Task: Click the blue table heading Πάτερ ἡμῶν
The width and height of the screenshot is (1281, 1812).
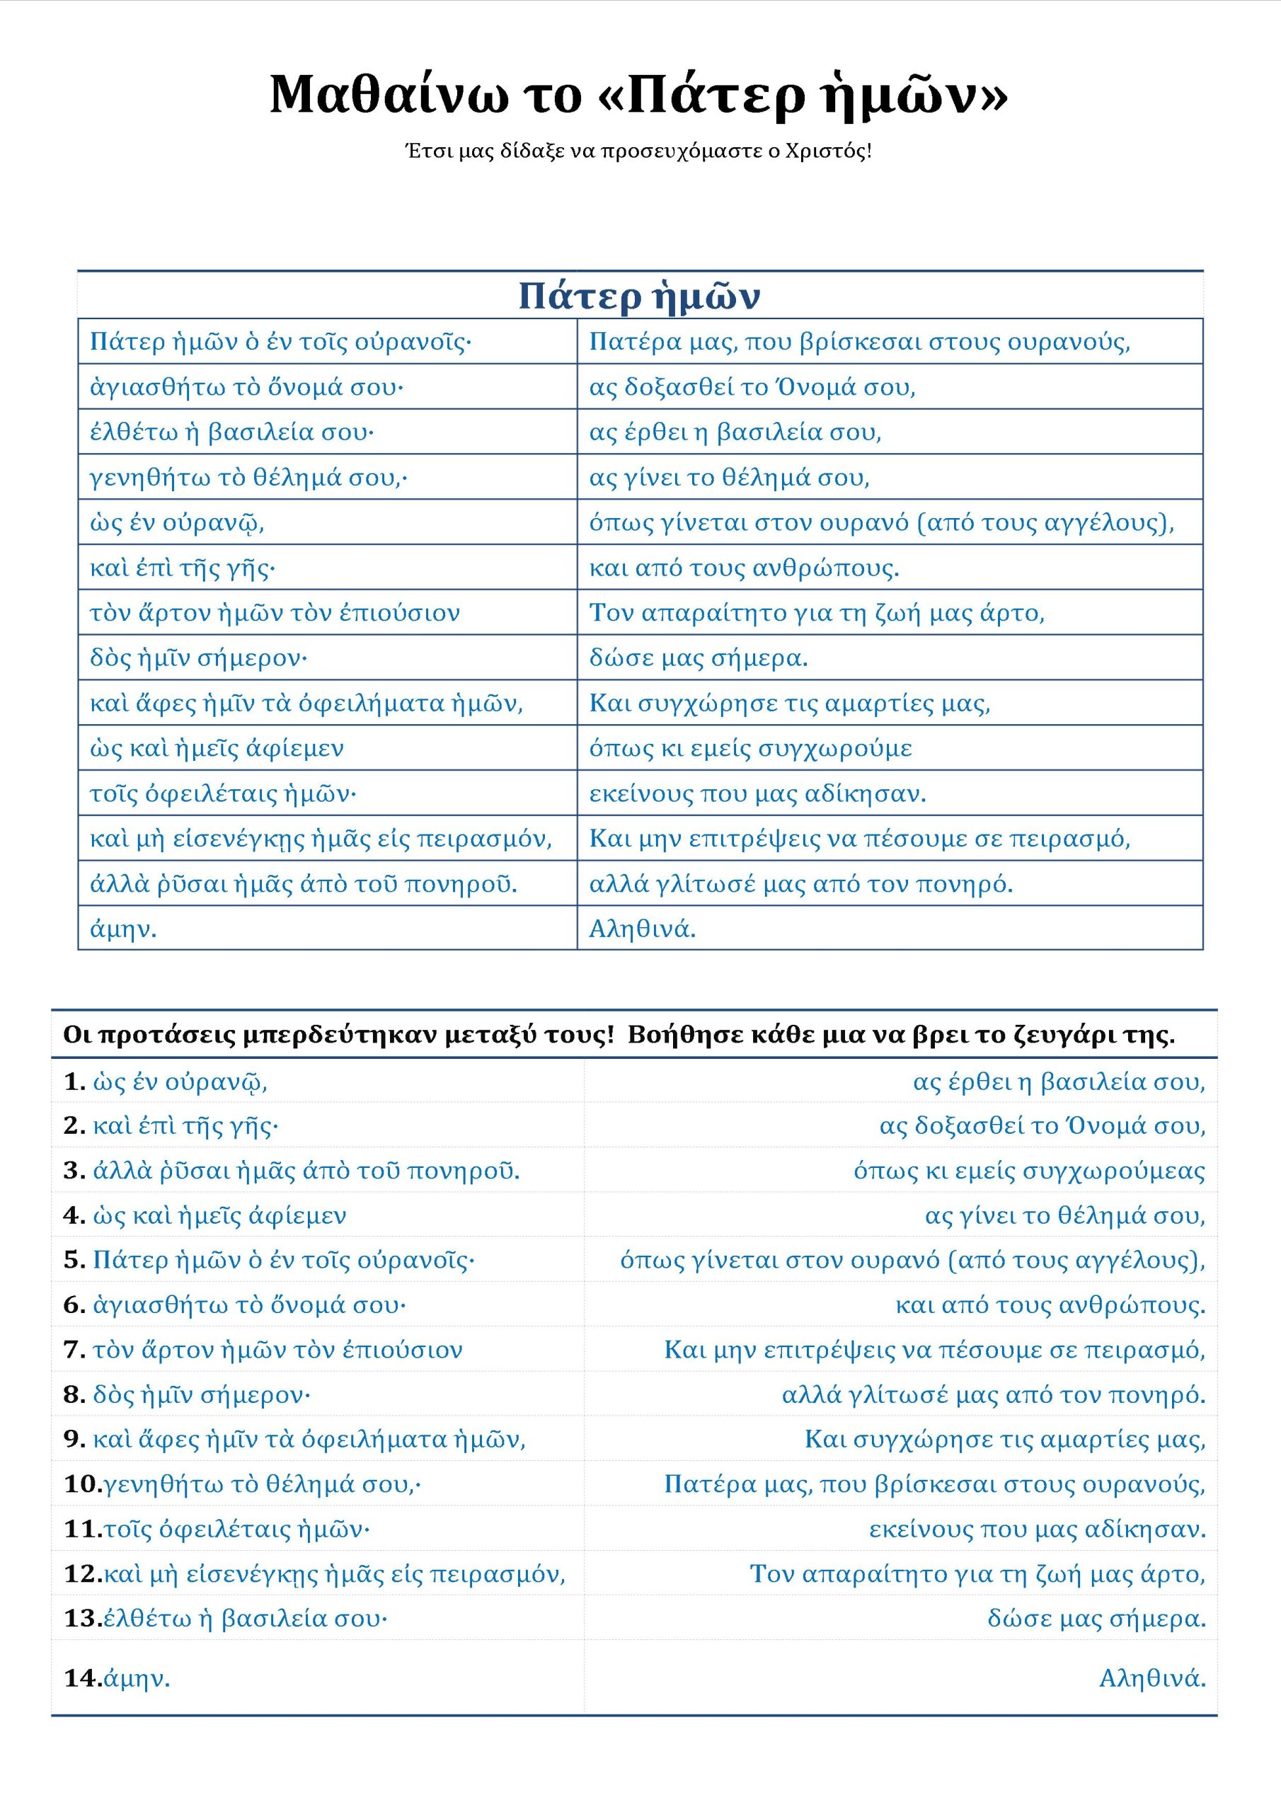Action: pos(639,296)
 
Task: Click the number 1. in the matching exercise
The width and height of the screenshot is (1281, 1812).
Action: pos(74,1082)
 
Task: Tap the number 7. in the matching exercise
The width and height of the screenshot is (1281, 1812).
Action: pos(74,1351)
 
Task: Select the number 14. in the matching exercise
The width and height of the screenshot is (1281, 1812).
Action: pos(82,1679)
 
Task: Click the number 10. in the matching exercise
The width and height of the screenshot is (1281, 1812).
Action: pos(82,1484)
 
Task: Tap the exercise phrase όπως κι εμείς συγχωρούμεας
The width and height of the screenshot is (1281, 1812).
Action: pos(1029,1171)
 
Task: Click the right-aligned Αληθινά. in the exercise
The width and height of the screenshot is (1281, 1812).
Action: pos(1152,1679)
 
